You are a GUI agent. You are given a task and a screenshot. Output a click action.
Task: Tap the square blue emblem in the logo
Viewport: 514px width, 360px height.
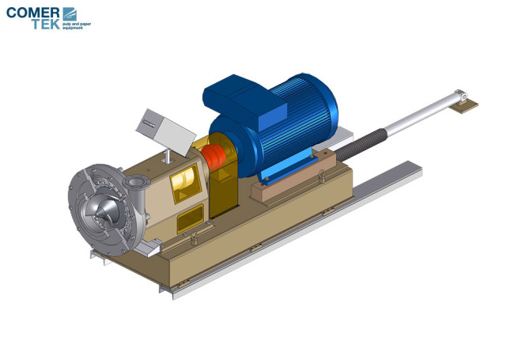click(x=70, y=13)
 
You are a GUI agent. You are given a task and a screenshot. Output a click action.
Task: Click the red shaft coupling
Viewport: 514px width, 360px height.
click(x=214, y=154)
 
